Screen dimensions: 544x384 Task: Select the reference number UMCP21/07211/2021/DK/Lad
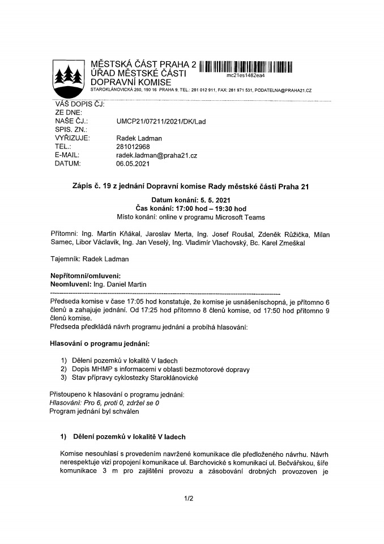pyautogui.click(x=161, y=121)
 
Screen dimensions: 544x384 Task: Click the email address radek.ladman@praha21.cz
pyautogui.click(x=157, y=155)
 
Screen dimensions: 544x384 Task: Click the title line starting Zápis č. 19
pyautogui.click(x=191, y=186)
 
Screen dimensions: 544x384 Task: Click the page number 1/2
pyautogui.click(x=189, y=498)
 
